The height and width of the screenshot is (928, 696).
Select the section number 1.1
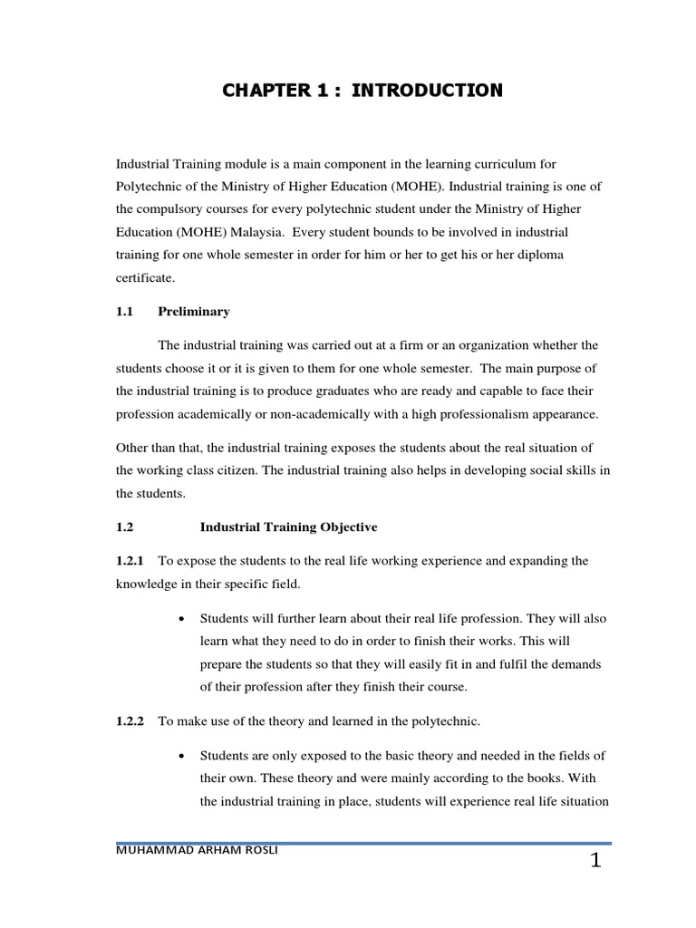125,312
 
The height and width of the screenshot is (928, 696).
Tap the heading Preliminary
194,312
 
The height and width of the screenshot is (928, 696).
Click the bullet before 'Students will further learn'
183,619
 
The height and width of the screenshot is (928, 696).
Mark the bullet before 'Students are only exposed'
183,756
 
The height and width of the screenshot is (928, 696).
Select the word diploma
541,255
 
